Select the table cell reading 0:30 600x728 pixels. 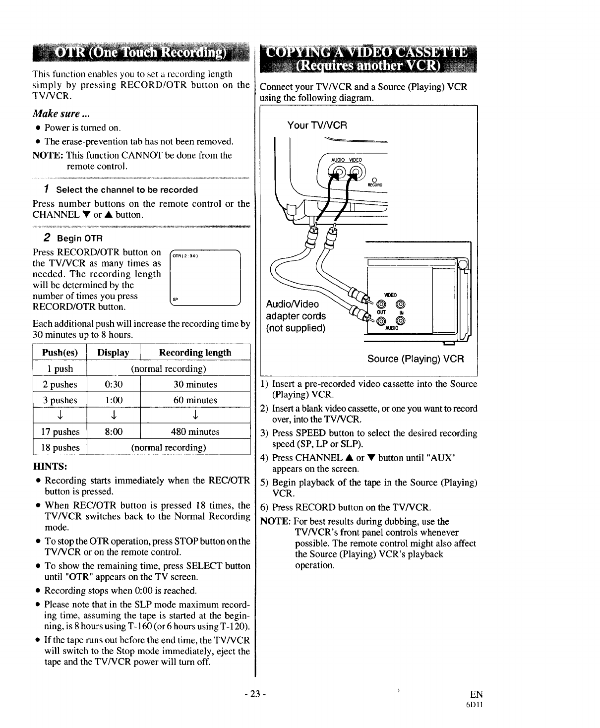114,384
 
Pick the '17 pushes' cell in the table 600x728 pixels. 60,431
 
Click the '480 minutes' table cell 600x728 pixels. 195,431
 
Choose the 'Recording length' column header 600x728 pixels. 195,353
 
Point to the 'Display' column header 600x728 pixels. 114,353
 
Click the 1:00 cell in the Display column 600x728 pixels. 114,400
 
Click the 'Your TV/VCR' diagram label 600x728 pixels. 317,125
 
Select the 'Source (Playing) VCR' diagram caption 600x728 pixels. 416,359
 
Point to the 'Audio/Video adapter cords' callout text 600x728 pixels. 296,316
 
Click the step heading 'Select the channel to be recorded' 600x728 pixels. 126,190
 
